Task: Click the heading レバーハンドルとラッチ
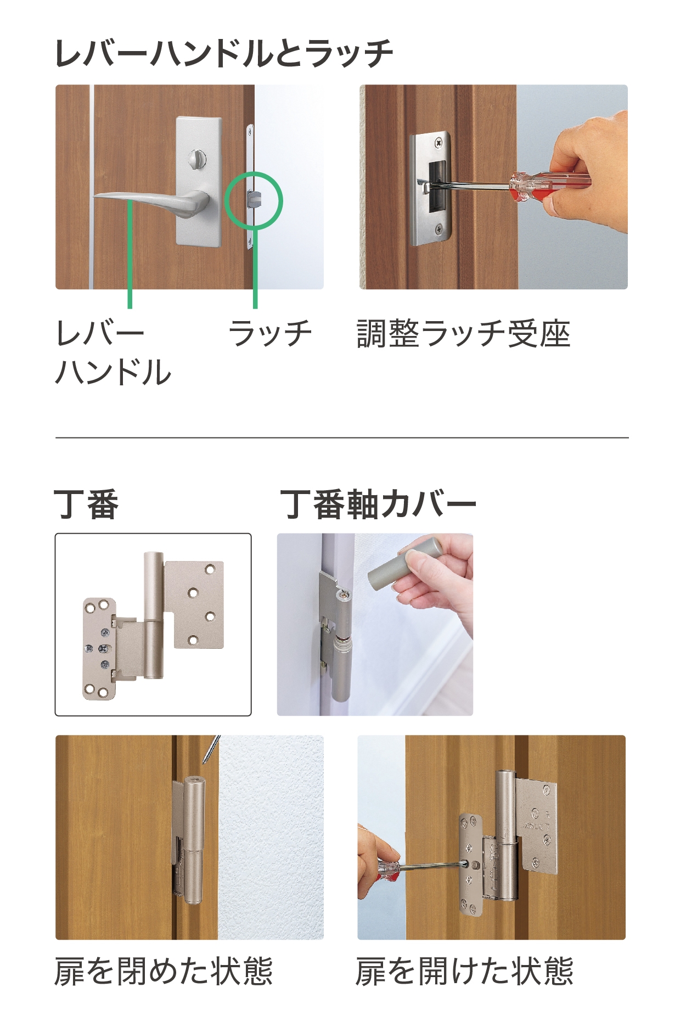[x=224, y=53]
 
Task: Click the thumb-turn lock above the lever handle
[x=195, y=159]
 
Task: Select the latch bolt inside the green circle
[x=254, y=199]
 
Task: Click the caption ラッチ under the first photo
[x=270, y=333]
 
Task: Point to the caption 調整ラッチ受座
[x=464, y=333]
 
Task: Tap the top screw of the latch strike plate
[x=439, y=143]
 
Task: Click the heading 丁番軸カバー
[x=378, y=504]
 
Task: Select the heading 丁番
[x=87, y=504]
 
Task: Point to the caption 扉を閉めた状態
[x=164, y=971]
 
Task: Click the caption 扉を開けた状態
[x=464, y=971]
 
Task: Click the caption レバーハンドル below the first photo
[x=113, y=352]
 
